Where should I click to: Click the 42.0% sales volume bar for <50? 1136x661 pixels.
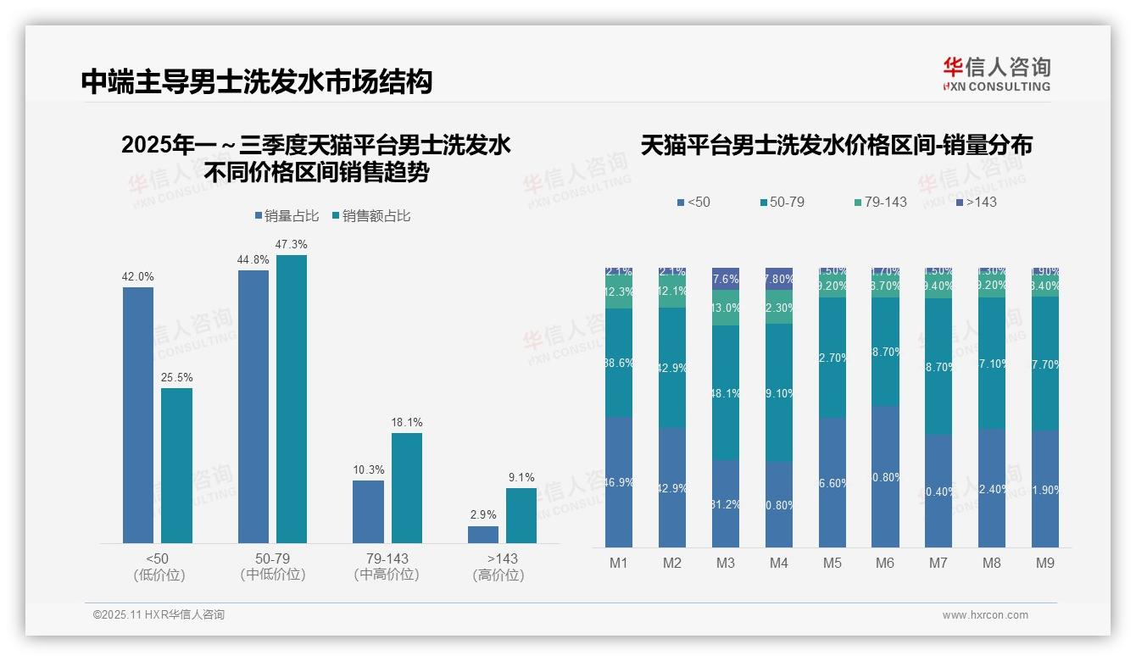[x=138, y=415]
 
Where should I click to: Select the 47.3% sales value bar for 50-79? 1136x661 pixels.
[x=292, y=398]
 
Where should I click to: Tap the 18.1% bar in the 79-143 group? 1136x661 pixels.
[x=406, y=487]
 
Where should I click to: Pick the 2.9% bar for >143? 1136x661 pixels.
[x=483, y=534]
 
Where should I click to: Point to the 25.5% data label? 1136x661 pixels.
[x=176, y=377]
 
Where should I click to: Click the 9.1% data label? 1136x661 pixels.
[x=521, y=477]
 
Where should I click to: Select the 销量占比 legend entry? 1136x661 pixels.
[x=287, y=216]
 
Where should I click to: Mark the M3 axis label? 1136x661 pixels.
[x=726, y=564]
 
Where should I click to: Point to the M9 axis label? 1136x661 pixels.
[x=1045, y=564]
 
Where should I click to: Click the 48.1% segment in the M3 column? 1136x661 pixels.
[x=726, y=392]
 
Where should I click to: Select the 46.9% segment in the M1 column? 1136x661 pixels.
[x=619, y=481]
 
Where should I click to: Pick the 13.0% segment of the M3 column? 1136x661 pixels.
[x=726, y=308]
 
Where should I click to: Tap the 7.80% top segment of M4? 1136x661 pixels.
[x=779, y=279]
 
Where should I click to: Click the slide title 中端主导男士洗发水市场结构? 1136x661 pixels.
[x=257, y=81]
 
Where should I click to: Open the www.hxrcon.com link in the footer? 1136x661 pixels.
[x=985, y=615]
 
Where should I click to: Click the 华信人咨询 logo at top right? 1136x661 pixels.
[x=996, y=74]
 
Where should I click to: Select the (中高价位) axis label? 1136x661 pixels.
[x=387, y=575]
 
